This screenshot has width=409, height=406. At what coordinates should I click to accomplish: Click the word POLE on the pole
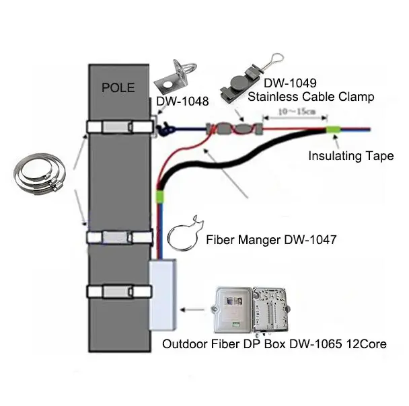tap(118, 87)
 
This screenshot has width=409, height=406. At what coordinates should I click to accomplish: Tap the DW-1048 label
tap(182, 101)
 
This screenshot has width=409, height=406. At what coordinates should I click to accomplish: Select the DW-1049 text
tap(290, 83)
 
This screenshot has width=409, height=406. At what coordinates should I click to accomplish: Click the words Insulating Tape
tap(351, 156)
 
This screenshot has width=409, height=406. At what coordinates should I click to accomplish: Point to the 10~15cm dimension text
tap(297, 112)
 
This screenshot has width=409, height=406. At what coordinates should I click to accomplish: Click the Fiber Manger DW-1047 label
tap(271, 239)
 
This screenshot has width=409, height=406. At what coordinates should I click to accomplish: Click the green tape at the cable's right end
tap(334, 130)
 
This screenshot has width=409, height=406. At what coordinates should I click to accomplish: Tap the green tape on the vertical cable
tap(159, 197)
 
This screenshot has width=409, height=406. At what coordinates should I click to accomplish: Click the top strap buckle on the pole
tap(118, 127)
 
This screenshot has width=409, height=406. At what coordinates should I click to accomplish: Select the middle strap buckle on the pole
tap(117, 237)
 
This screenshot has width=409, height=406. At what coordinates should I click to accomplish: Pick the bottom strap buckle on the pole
tap(118, 292)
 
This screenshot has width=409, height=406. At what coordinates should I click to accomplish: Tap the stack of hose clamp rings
tap(38, 173)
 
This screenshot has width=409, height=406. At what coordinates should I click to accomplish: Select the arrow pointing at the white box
tap(192, 310)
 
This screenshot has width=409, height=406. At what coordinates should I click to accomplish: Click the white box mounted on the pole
tap(163, 294)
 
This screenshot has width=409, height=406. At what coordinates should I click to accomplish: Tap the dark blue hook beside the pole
tap(165, 129)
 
